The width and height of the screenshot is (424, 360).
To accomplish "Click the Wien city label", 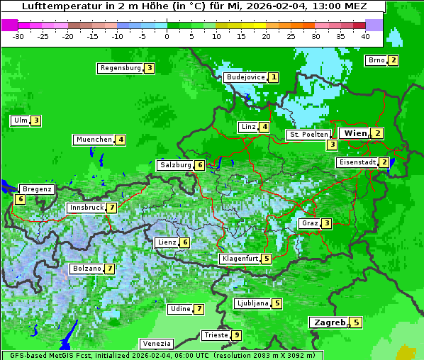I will [355, 133].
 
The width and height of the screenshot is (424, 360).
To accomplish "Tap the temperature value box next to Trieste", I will [236, 335].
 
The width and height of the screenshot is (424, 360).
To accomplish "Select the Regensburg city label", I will [120, 68].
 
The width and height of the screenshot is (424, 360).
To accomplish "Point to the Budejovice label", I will [245, 77].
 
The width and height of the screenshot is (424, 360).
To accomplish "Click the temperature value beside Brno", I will [393, 60].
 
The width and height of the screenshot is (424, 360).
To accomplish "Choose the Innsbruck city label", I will [85, 208].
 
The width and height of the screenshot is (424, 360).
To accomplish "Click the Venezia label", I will [155, 343].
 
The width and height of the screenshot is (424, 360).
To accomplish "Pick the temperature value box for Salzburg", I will [200, 165].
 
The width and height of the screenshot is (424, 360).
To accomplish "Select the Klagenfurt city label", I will [239, 259].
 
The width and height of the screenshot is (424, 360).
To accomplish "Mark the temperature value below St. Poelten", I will [332, 145].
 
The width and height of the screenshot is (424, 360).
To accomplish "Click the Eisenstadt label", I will [357, 162].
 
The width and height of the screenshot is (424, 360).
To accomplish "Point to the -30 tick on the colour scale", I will [18, 36].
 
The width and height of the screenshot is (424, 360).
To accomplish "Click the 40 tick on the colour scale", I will [365, 36].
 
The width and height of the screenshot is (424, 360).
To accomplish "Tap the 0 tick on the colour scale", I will [167, 36].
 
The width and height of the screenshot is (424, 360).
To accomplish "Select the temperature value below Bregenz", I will [20, 200].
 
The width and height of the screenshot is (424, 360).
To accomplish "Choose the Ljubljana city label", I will [252, 303].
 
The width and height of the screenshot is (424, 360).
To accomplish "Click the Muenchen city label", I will [94, 140].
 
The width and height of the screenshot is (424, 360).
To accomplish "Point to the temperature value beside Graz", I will [326, 223].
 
